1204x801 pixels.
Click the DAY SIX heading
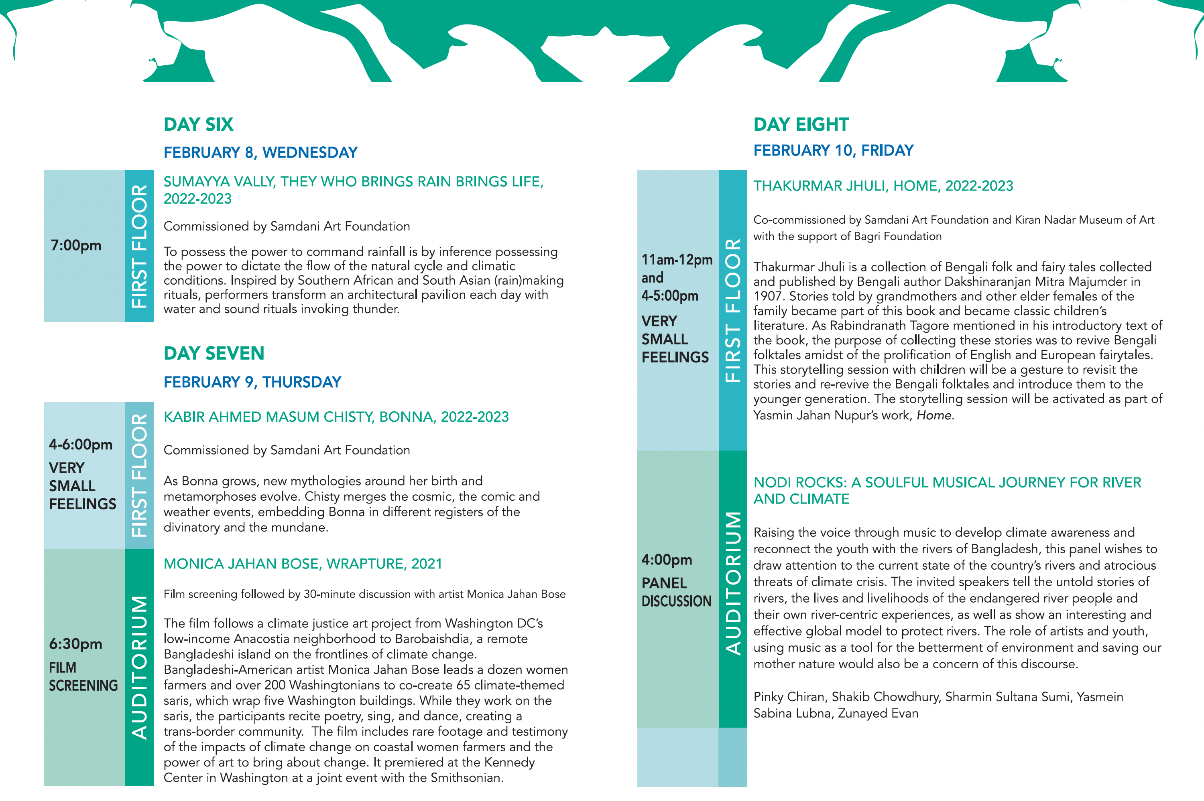coord(198,125)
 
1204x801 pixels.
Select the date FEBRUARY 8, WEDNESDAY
coord(260,153)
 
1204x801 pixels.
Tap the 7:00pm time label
coord(76,246)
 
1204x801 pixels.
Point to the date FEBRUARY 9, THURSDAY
coord(252,382)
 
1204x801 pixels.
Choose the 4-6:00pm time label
coord(81,445)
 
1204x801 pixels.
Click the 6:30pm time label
coord(76,644)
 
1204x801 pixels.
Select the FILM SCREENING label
coord(83,676)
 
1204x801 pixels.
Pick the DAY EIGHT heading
coord(801,125)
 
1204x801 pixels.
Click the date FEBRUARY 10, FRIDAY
coord(833,151)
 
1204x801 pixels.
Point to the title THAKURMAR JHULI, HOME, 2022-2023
coord(883,186)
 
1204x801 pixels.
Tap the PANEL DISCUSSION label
coord(676,592)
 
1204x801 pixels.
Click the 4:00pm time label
coord(667,560)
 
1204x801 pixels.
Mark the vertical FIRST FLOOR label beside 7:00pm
coord(139,246)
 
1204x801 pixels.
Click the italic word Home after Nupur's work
coord(934,415)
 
